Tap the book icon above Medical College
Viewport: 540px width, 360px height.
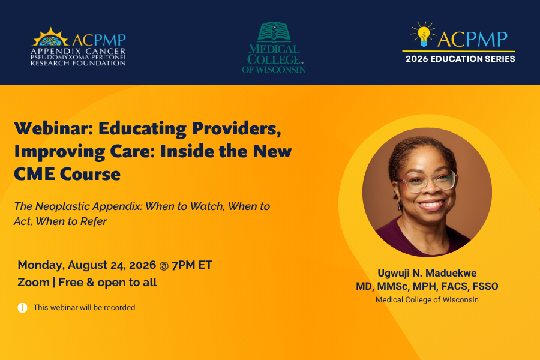[274, 32]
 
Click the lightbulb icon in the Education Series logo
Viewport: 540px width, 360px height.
[423, 34]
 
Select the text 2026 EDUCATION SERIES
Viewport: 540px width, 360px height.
[460, 59]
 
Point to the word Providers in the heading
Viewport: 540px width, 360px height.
[236, 128]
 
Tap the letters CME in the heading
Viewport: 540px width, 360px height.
[34, 174]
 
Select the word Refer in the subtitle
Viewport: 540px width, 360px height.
[94, 221]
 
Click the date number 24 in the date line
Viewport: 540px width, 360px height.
[118, 265]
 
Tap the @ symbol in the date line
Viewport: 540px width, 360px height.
[164, 265]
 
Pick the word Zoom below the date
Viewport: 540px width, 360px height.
[34, 283]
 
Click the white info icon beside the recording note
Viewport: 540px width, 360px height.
[22, 308]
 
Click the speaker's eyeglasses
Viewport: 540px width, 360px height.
[427, 181]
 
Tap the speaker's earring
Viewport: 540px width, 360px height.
[400, 205]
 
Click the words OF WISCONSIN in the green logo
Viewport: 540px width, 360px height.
[274, 70]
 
